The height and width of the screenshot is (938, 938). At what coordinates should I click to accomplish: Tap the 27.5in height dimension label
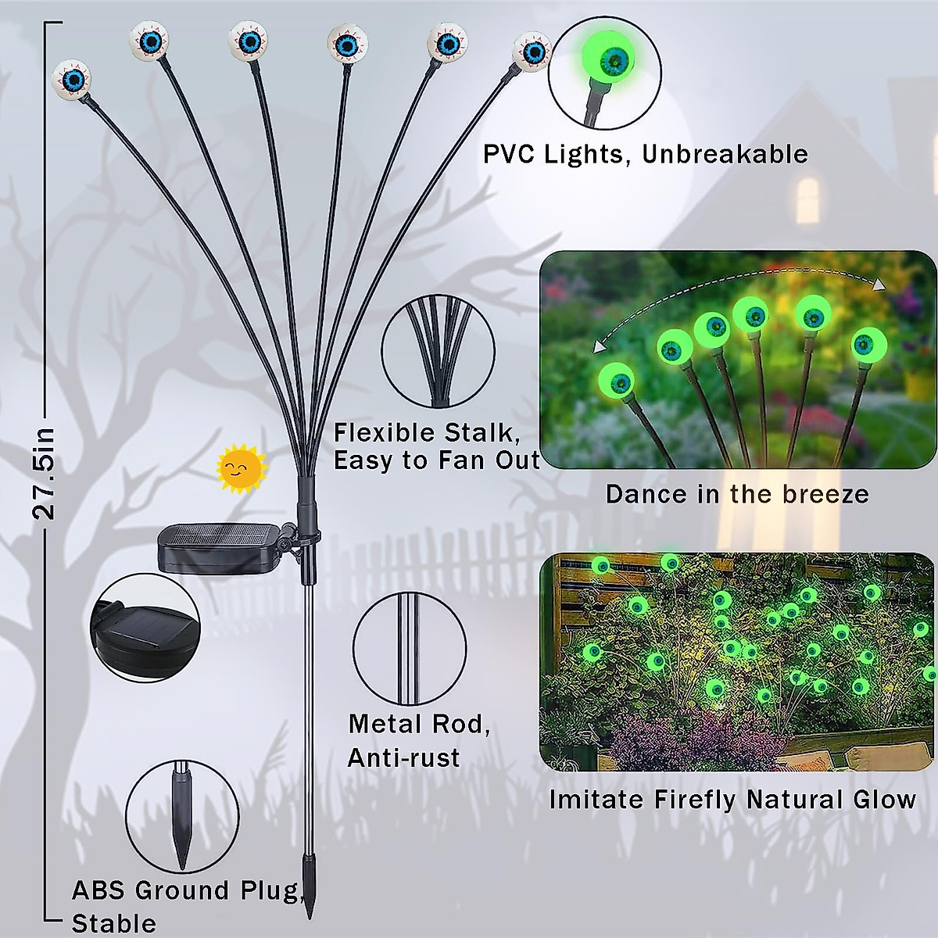click(x=45, y=474)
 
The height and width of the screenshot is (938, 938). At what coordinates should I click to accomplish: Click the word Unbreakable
click(x=725, y=154)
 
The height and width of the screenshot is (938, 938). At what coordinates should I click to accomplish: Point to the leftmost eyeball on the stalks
click(x=72, y=80)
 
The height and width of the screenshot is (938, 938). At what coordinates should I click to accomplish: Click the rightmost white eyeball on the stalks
click(x=532, y=52)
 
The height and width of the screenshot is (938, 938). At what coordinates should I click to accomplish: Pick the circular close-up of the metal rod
click(x=410, y=648)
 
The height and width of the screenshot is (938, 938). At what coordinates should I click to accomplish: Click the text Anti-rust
click(x=403, y=757)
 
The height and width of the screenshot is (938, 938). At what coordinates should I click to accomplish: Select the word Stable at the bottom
click(x=114, y=923)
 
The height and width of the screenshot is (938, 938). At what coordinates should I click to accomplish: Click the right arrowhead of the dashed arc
click(x=879, y=285)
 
